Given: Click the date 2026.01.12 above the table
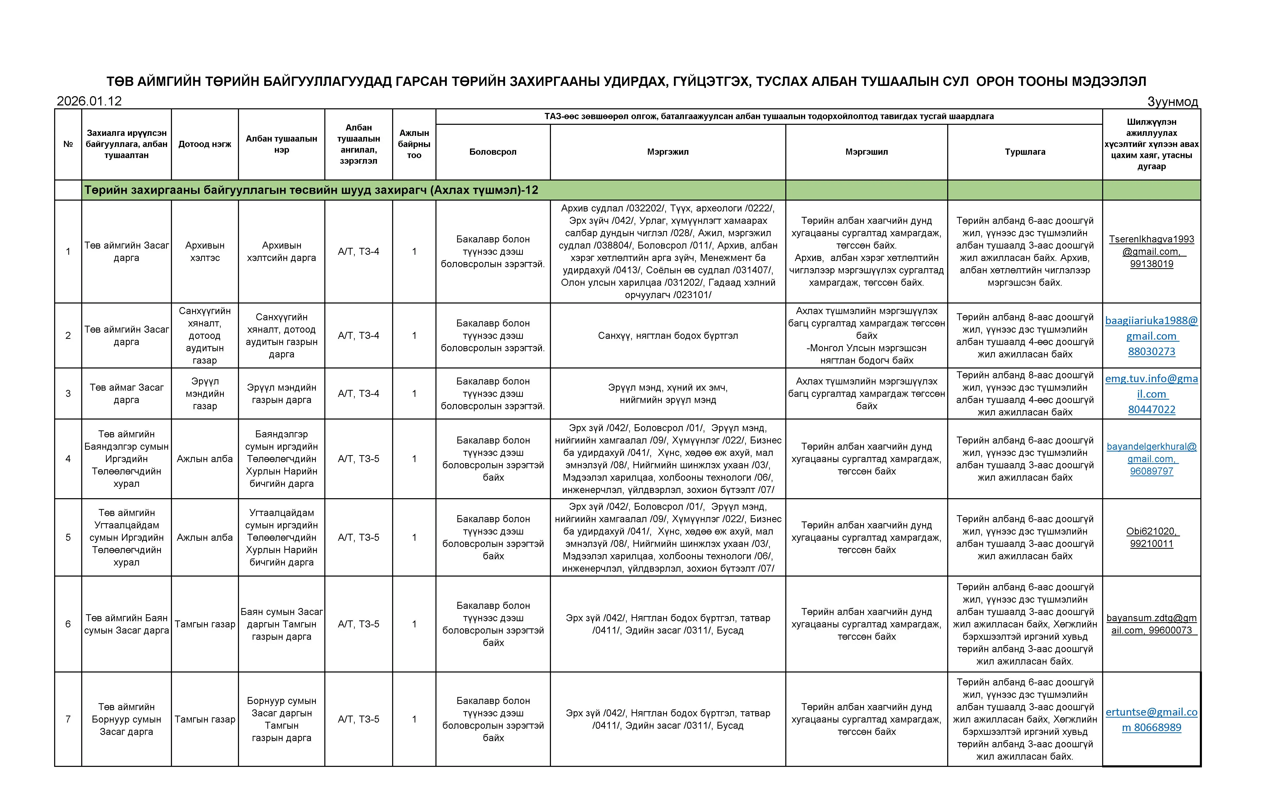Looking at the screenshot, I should click(x=89, y=101).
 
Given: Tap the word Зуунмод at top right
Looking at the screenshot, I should click(x=1172, y=102).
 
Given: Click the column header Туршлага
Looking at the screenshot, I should click(x=1025, y=152).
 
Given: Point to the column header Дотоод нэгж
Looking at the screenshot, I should click(x=204, y=144).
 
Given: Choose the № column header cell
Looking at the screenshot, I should click(x=68, y=144).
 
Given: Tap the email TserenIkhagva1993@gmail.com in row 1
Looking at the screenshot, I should click(x=1151, y=245).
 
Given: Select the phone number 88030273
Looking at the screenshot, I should click(x=1151, y=351).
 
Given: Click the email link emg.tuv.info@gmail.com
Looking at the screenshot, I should click(x=1151, y=386).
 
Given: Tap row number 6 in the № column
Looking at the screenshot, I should click(x=68, y=624).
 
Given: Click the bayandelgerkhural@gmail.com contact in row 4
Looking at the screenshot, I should click(x=1151, y=452).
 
